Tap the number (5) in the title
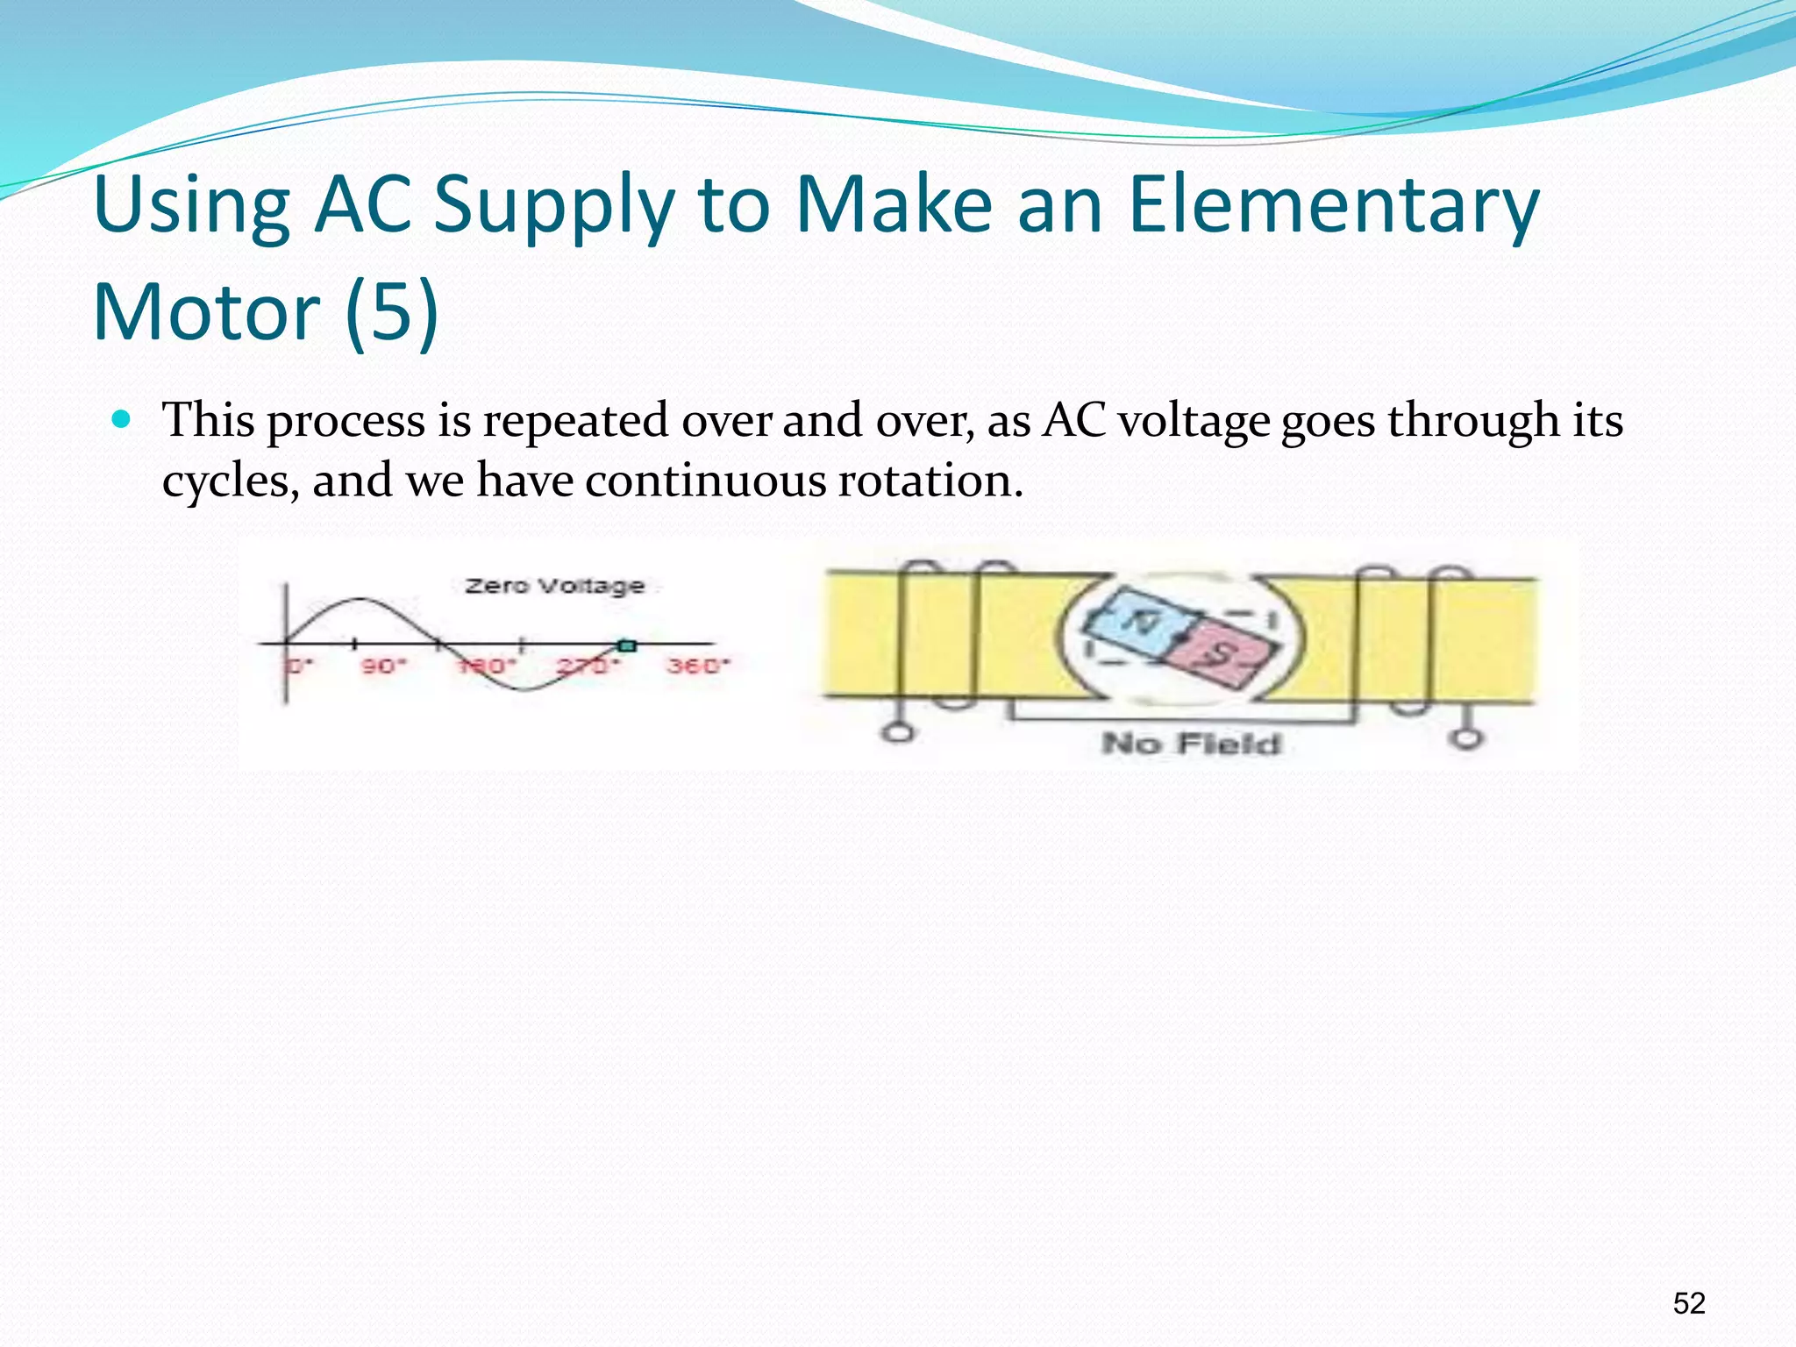point(391,313)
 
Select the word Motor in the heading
point(207,313)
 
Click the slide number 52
point(1689,1303)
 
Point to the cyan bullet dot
point(122,419)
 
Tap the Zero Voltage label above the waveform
point(554,585)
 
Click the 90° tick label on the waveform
point(383,666)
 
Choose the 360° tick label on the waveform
point(698,666)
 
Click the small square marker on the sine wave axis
point(626,646)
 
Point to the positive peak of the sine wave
point(361,600)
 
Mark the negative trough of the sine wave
point(524,689)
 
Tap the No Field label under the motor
point(1191,744)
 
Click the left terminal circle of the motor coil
point(896,732)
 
